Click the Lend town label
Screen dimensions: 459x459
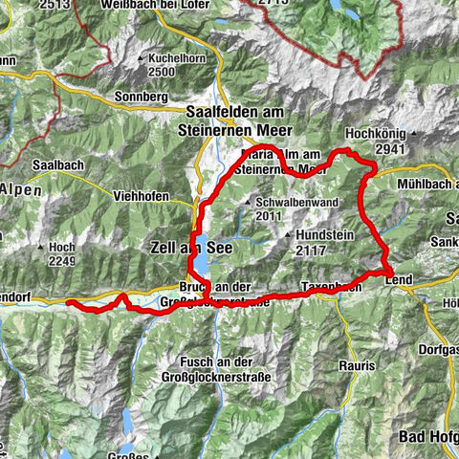[399, 278]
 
